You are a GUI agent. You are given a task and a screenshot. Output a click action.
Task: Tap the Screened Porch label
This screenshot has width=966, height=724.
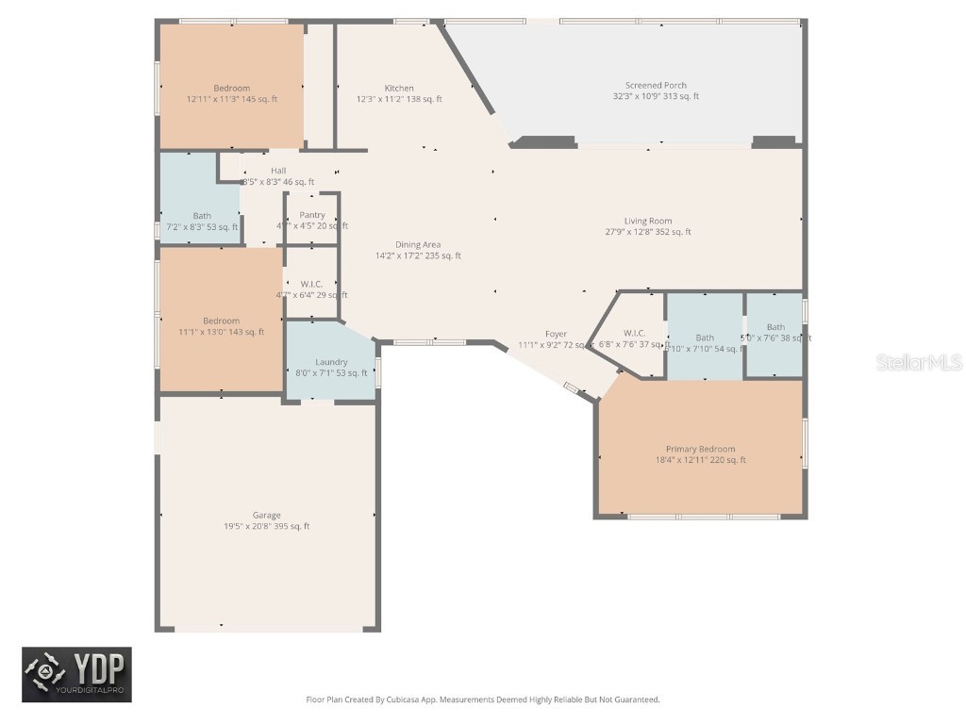pos(656,86)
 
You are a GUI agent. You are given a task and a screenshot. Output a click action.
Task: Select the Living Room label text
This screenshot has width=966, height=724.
pos(648,222)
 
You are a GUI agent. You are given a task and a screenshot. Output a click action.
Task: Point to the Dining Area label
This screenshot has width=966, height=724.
pos(418,245)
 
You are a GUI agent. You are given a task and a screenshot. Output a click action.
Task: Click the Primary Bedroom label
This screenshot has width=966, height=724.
pos(700,450)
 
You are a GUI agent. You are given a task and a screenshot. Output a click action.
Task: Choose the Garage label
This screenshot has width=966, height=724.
pos(266,516)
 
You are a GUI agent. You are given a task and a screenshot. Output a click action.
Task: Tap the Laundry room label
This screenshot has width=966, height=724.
pos(331,362)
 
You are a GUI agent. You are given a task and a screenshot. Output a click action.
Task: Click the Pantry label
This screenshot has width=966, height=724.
pos(312,215)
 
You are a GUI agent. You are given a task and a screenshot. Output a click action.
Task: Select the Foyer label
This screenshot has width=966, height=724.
pos(556,335)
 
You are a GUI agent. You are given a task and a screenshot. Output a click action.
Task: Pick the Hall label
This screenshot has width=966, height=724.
pos(278,171)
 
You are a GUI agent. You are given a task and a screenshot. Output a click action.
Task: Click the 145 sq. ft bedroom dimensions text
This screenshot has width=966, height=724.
pos(232,99)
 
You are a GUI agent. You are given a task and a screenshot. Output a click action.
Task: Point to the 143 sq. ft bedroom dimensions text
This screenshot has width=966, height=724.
pos(221,332)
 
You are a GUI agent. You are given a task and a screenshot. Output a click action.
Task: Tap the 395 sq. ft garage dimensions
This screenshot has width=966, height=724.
pos(266,527)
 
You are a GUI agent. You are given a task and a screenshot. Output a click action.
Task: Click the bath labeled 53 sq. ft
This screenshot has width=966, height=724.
pos(202,216)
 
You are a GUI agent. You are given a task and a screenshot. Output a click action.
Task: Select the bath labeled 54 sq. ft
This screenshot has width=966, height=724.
pos(705,337)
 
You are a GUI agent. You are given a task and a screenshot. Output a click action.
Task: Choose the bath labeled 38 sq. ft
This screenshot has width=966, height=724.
pos(775,328)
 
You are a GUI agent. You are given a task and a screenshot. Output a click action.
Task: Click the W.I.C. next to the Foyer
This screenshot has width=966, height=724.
pos(634,334)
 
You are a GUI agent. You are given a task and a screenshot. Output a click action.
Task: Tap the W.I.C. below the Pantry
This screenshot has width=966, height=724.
pos(311,285)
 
